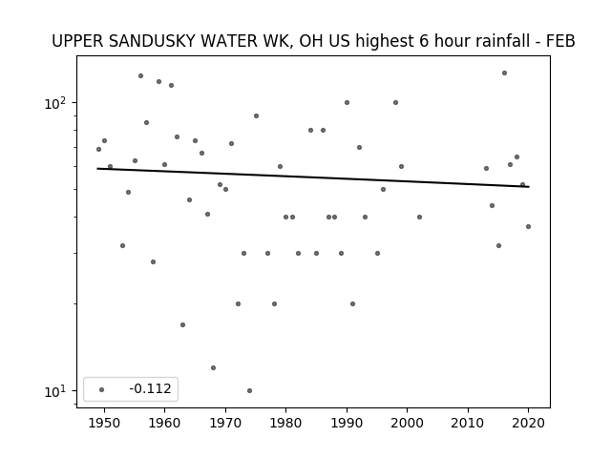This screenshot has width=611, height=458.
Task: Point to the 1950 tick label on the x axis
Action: point(104,423)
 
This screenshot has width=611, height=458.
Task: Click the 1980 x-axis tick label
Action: point(285,423)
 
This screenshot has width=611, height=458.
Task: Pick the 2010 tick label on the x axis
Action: point(468,423)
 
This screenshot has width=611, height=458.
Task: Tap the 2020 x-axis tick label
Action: point(528,423)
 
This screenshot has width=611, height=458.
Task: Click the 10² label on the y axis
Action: point(55,103)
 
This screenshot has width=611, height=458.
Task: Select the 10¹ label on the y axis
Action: point(55,391)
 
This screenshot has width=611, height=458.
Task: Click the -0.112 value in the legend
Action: point(150,388)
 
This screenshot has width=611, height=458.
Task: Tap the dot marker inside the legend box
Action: point(101,389)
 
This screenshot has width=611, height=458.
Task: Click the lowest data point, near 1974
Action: point(249,390)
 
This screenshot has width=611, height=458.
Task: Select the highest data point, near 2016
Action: point(504,73)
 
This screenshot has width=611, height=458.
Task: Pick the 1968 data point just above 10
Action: point(213,367)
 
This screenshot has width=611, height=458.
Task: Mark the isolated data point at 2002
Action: point(419,217)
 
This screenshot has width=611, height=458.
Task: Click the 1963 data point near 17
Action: point(182,324)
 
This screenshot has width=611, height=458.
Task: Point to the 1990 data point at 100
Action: point(347,102)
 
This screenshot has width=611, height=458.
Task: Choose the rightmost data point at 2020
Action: point(528,226)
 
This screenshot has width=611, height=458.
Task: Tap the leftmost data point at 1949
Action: point(98,149)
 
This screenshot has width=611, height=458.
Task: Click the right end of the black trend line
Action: point(529,187)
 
